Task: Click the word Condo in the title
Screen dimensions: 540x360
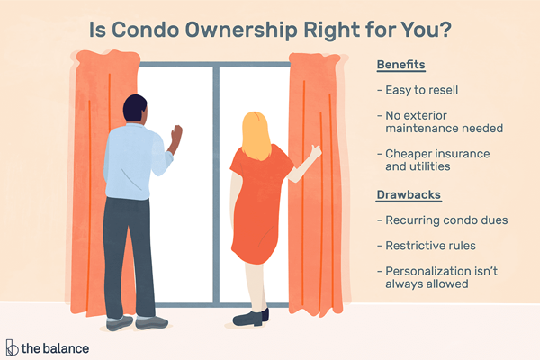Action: [x=146, y=30]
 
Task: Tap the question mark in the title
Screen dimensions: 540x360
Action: [x=445, y=30]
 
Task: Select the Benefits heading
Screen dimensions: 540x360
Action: [x=400, y=65]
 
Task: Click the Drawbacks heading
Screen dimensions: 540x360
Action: [x=409, y=195]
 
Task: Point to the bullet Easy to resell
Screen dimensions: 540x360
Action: [x=418, y=90]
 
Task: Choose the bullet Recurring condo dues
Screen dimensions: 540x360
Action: [x=443, y=220]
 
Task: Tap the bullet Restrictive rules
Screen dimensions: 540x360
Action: [x=427, y=246]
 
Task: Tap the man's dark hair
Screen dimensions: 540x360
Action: [x=135, y=107]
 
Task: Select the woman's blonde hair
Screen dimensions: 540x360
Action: [x=256, y=136]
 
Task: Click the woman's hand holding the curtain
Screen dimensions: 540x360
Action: [x=316, y=151]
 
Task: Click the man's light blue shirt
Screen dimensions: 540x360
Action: [x=132, y=162]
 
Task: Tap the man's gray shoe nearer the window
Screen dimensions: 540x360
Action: [x=151, y=322]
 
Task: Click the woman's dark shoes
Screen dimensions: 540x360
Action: [x=250, y=318]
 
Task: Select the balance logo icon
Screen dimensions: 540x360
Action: [x=12, y=347]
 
